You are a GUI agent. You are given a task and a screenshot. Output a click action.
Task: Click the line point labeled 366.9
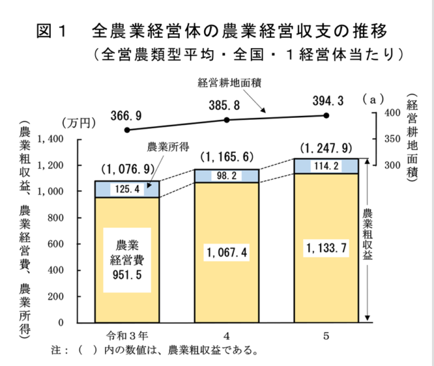tap(127, 129)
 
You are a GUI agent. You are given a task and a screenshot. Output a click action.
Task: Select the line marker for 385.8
tap(227, 120)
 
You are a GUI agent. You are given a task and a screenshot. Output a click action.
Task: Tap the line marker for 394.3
tap(327, 116)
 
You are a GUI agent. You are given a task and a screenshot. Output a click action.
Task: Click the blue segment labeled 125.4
tap(127, 189)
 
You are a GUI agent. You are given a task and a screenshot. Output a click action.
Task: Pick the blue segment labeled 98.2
tap(227, 176)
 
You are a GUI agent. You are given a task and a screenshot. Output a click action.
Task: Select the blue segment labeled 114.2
tap(327, 166)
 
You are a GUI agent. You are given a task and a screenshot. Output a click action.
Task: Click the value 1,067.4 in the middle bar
tap(227, 253)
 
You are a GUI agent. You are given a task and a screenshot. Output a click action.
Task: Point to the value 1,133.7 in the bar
tap(327, 248)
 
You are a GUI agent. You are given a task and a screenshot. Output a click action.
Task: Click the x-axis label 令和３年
tap(127, 335)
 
